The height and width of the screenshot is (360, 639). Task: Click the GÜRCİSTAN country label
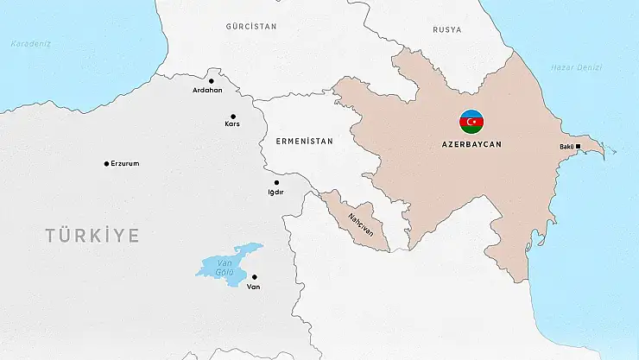point(250,27)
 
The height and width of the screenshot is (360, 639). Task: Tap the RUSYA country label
point(447,29)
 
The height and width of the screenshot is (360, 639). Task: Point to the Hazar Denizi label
point(574,67)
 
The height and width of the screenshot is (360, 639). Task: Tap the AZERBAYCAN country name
point(471,145)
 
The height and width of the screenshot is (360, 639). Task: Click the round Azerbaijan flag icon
point(471,122)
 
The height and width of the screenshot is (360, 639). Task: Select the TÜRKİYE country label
point(92,235)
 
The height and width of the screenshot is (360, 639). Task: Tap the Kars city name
point(231,123)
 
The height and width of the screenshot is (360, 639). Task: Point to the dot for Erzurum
point(106,163)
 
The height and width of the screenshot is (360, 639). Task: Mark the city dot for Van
point(254,277)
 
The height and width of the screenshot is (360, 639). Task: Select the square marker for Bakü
point(579,146)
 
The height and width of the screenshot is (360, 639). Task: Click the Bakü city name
point(566,146)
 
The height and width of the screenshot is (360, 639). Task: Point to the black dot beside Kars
point(232,116)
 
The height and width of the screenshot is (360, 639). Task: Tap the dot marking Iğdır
point(276,182)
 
